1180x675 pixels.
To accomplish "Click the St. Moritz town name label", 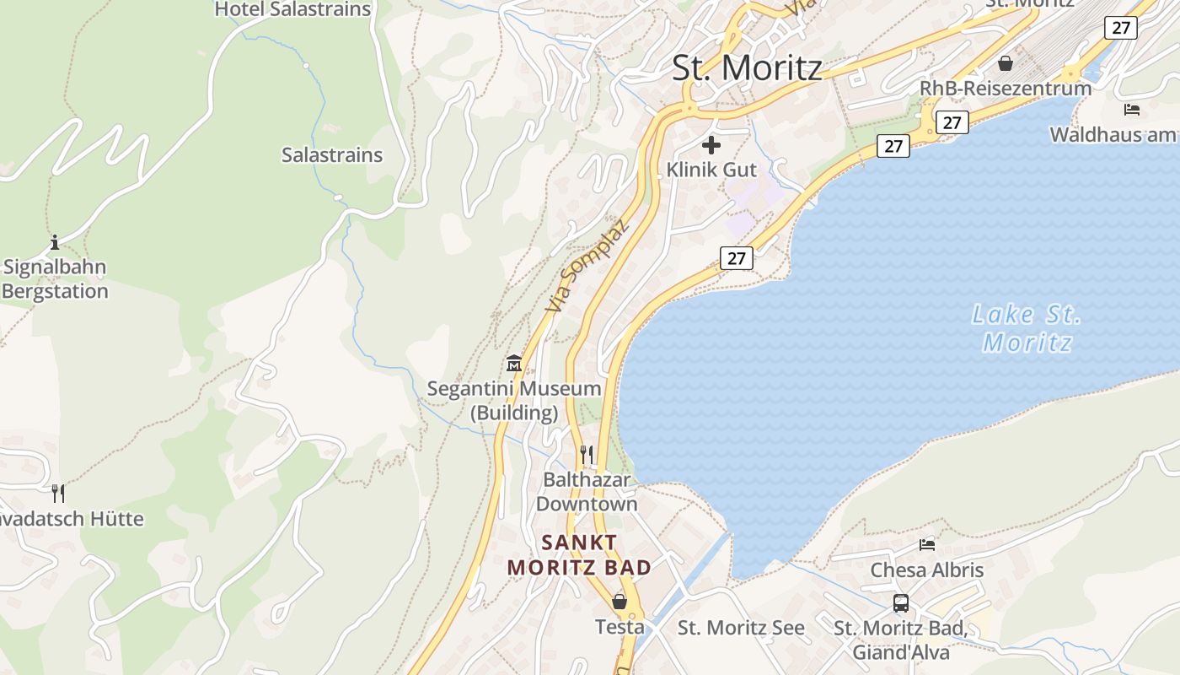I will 747,67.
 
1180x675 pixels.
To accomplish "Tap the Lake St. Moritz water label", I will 1027,328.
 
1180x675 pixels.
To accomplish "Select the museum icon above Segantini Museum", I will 514,364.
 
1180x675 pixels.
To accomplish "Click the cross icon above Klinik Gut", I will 711,145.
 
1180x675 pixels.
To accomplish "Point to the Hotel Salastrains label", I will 292,10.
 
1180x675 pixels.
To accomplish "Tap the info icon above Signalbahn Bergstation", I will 55,243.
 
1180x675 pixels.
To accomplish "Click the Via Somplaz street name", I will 587,266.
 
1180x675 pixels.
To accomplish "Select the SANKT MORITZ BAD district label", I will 580,554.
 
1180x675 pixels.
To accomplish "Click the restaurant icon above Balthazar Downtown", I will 587,455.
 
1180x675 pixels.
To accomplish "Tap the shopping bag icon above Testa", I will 619,602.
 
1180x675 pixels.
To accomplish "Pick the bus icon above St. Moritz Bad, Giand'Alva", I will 901,603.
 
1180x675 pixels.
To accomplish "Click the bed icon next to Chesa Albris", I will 927,544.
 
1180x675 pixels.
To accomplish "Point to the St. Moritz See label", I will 741,628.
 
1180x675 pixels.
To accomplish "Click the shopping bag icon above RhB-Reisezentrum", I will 1006,63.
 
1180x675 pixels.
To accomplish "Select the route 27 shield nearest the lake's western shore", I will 736,258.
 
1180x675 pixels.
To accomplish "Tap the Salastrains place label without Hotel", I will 332,155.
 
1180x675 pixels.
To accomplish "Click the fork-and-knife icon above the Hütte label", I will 58,493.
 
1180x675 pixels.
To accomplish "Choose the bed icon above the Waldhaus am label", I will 1132,110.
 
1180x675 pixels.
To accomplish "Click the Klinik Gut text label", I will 711,170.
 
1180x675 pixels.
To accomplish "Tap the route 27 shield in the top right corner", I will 1120,28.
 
